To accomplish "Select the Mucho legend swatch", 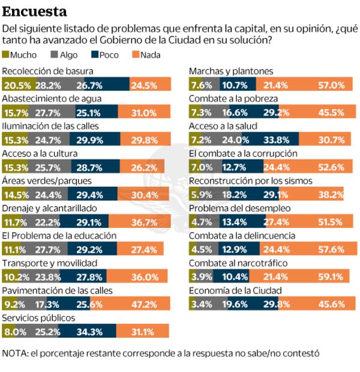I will [x=6, y=55].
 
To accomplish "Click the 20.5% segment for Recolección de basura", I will [x=19, y=85].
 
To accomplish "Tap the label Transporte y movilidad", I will [x=43, y=263].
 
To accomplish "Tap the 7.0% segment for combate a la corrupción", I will [x=199, y=167].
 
